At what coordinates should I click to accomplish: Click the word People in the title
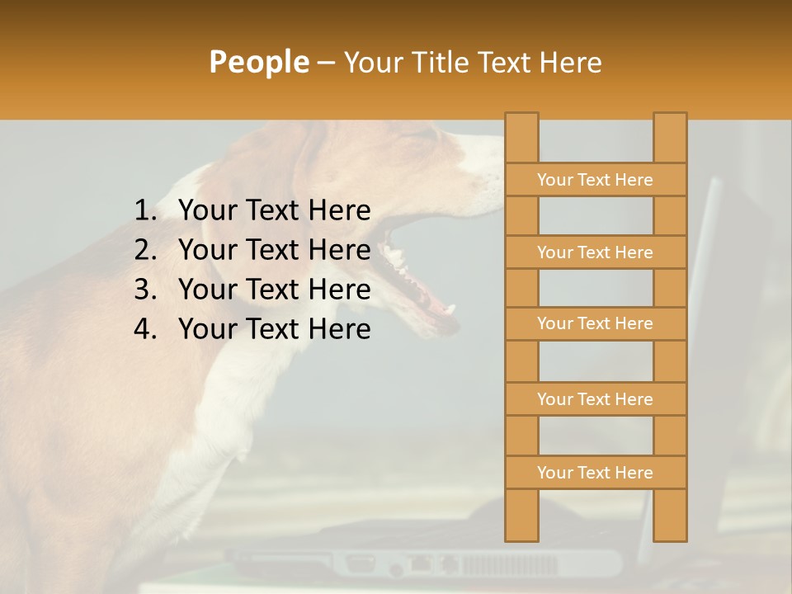point(258,62)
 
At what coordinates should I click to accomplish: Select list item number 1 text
point(274,210)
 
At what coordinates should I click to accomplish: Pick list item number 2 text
point(274,250)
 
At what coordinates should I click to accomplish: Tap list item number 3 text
point(274,290)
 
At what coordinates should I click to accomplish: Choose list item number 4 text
point(274,329)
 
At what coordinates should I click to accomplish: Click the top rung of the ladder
point(595,180)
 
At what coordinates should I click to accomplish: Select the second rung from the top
point(595,252)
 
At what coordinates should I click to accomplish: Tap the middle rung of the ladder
point(595,323)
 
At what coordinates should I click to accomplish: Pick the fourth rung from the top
point(595,399)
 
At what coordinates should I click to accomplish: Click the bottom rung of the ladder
point(595,473)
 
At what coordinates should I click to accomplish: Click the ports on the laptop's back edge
point(429,563)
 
